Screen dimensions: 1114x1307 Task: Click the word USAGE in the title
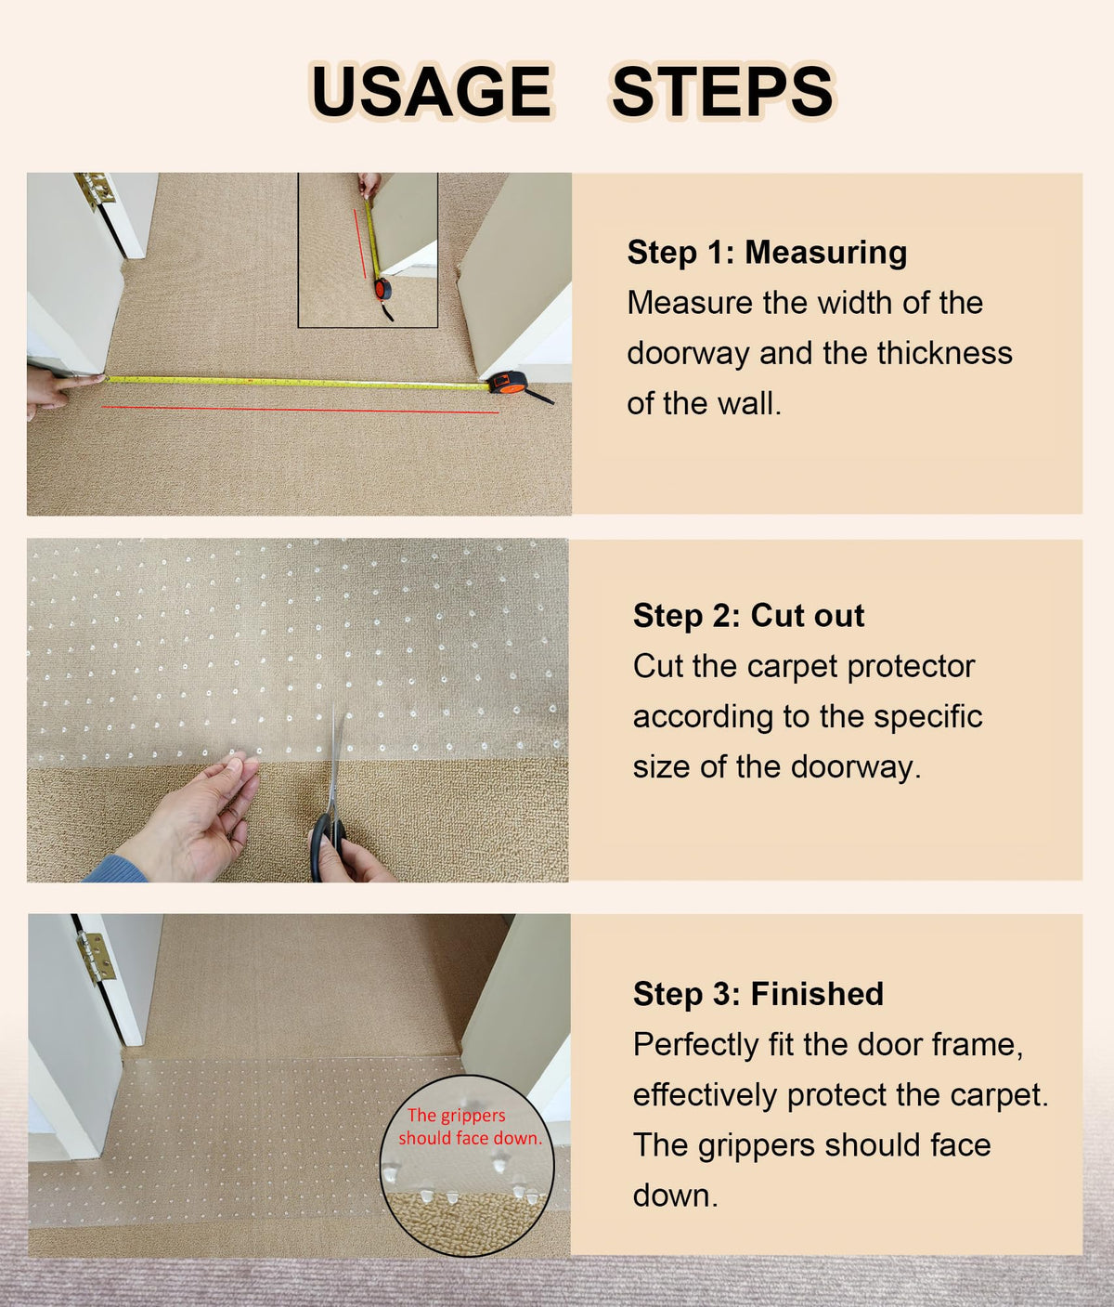click(x=433, y=91)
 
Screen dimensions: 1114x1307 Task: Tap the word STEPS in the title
click(x=723, y=91)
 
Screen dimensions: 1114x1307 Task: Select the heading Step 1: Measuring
click(x=767, y=253)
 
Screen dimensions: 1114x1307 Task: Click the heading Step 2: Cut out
click(x=749, y=615)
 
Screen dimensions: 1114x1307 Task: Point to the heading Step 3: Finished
click(x=758, y=993)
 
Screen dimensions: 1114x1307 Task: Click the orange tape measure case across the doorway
click(x=507, y=383)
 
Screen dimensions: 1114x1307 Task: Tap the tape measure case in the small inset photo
click(x=382, y=289)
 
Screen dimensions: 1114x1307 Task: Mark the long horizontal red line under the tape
click(x=300, y=410)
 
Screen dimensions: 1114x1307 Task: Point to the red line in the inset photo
click(x=360, y=244)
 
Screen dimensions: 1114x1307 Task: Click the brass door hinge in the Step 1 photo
click(x=94, y=190)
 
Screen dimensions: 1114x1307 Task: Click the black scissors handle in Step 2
click(x=328, y=847)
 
